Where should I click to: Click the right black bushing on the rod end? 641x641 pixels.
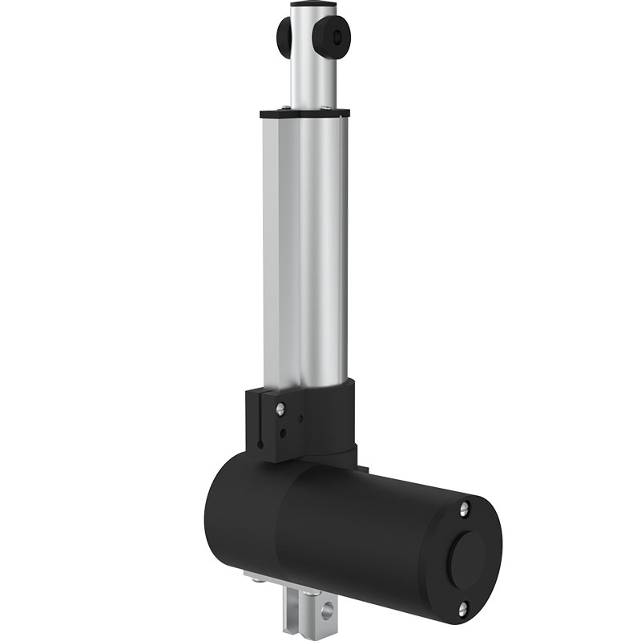pyautogui.click(x=337, y=38)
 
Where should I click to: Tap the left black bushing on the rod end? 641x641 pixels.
pyautogui.click(x=284, y=35)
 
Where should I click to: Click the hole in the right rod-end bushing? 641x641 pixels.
pyautogui.click(x=342, y=38)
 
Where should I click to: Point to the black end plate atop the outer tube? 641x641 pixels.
pyautogui.click(x=304, y=112)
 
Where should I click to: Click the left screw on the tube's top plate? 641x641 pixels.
pyautogui.click(x=281, y=108)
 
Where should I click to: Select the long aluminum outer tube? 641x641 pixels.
pyautogui.click(x=304, y=248)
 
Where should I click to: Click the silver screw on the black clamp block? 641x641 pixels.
pyautogui.click(x=280, y=409)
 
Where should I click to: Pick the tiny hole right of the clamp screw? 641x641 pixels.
pyautogui.click(x=299, y=417)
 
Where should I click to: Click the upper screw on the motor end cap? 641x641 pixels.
pyautogui.click(x=464, y=509)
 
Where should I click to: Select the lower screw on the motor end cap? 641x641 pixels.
pyautogui.click(x=462, y=611)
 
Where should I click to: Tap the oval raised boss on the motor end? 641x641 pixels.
pyautogui.click(x=467, y=558)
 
